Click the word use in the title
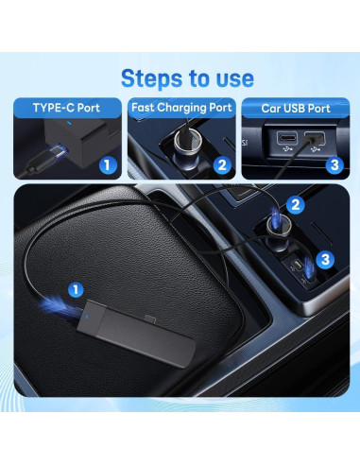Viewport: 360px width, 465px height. tap(231, 77)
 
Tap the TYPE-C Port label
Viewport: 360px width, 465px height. tap(66, 107)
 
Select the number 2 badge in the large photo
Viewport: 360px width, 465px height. tap(296, 204)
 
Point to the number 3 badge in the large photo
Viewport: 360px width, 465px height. tap(322, 257)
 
